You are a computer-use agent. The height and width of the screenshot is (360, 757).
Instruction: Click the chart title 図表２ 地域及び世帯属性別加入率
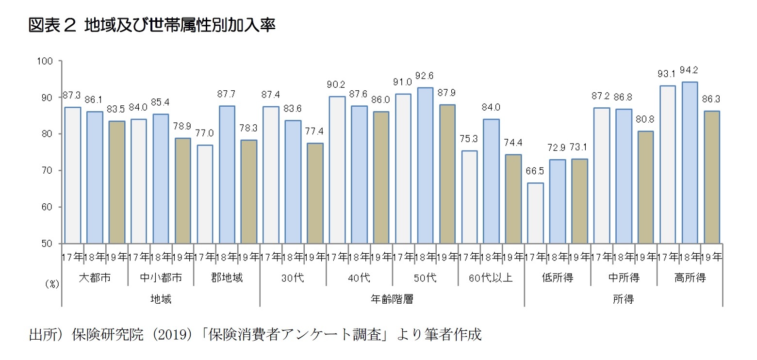[x=152, y=25]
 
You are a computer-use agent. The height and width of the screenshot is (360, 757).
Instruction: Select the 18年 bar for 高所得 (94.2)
[x=690, y=163]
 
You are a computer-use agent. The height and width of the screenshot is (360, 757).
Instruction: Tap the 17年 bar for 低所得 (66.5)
[x=535, y=213]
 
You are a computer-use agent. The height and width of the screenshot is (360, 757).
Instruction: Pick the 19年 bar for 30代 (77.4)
[x=315, y=193]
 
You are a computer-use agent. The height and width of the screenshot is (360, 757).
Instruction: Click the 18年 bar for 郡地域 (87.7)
[x=227, y=175]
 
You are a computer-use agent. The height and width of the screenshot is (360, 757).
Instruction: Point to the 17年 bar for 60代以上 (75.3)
[x=469, y=197]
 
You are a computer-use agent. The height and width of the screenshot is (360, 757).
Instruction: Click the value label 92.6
[x=425, y=76]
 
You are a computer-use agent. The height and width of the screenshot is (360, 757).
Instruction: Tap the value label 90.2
[x=337, y=85]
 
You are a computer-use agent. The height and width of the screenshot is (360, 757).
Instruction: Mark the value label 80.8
[x=646, y=119]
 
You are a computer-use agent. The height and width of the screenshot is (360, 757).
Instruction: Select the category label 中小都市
[x=161, y=278]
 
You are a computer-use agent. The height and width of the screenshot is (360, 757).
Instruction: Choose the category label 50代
[x=425, y=278]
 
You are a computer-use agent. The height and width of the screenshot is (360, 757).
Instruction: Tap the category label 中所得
[x=624, y=278]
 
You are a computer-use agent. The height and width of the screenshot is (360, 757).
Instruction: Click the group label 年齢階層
[x=392, y=299]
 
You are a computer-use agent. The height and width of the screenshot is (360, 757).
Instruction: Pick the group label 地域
[x=161, y=299]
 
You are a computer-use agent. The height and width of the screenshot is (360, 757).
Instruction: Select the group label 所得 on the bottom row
[x=623, y=299]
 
